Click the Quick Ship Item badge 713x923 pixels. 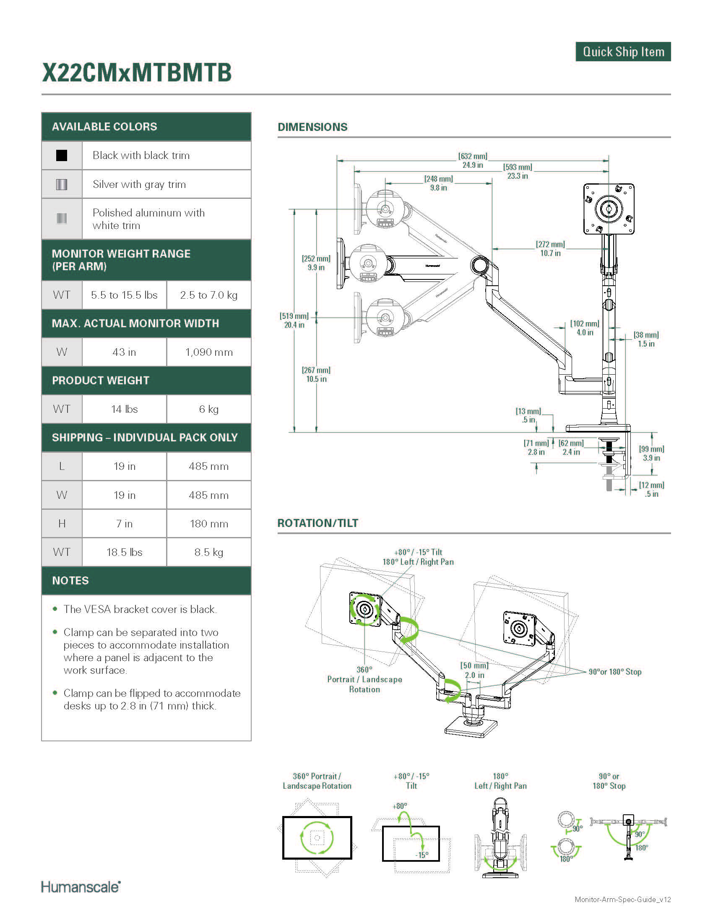click(x=622, y=52)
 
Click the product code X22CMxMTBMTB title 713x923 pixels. click(x=137, y=73)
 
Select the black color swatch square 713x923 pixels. click(x=62, y=156)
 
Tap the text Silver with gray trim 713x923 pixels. click(x=139, y=184)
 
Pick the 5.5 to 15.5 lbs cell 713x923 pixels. click(x=124, y=295)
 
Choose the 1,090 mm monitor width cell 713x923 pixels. click(x=209, y=352)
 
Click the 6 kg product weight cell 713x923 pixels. click(x=209, y=409)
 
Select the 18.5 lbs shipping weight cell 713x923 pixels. click(x=124, y=552)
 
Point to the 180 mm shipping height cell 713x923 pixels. click(x=209, y=524)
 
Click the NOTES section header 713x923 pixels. click(x=70, y=581)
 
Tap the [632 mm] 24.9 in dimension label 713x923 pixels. click(x=472, y=161)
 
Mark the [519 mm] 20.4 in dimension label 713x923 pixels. click(x=294, y=321)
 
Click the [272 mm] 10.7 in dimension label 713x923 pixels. click(x=550, y=249)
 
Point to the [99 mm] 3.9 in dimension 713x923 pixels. click(x=651, y=454)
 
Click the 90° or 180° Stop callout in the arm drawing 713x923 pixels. click(x=614, y=672)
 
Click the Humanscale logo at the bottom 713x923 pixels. click(x=81, y=886)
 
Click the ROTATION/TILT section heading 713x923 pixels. click(x=317, y=523)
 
